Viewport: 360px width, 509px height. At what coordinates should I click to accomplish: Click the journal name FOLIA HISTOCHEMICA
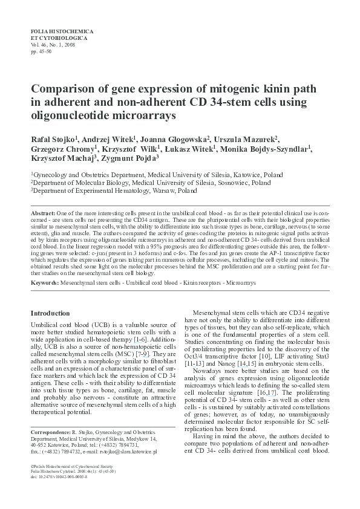tap(60, 30)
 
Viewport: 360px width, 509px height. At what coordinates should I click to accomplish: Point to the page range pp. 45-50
tap(41, 51)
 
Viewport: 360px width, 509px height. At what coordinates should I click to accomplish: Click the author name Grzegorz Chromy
tap(56, 149)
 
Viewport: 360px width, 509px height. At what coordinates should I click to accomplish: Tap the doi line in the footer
tap(59, 477)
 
